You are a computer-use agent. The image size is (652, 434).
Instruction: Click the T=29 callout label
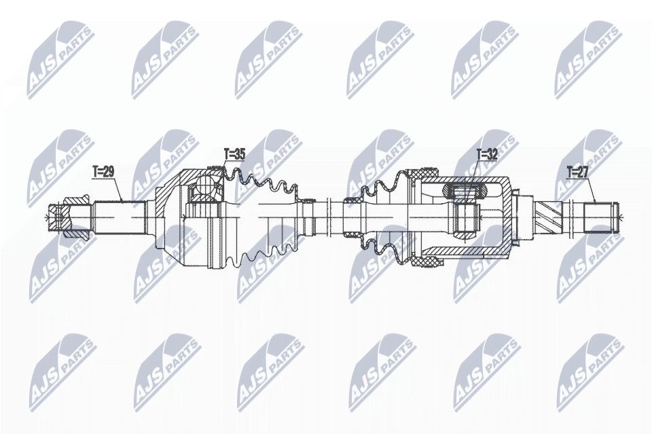point(103,173)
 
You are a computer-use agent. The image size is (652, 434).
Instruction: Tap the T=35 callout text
point(234,155)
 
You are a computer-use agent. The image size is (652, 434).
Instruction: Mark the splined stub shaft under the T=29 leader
point(120,217)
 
